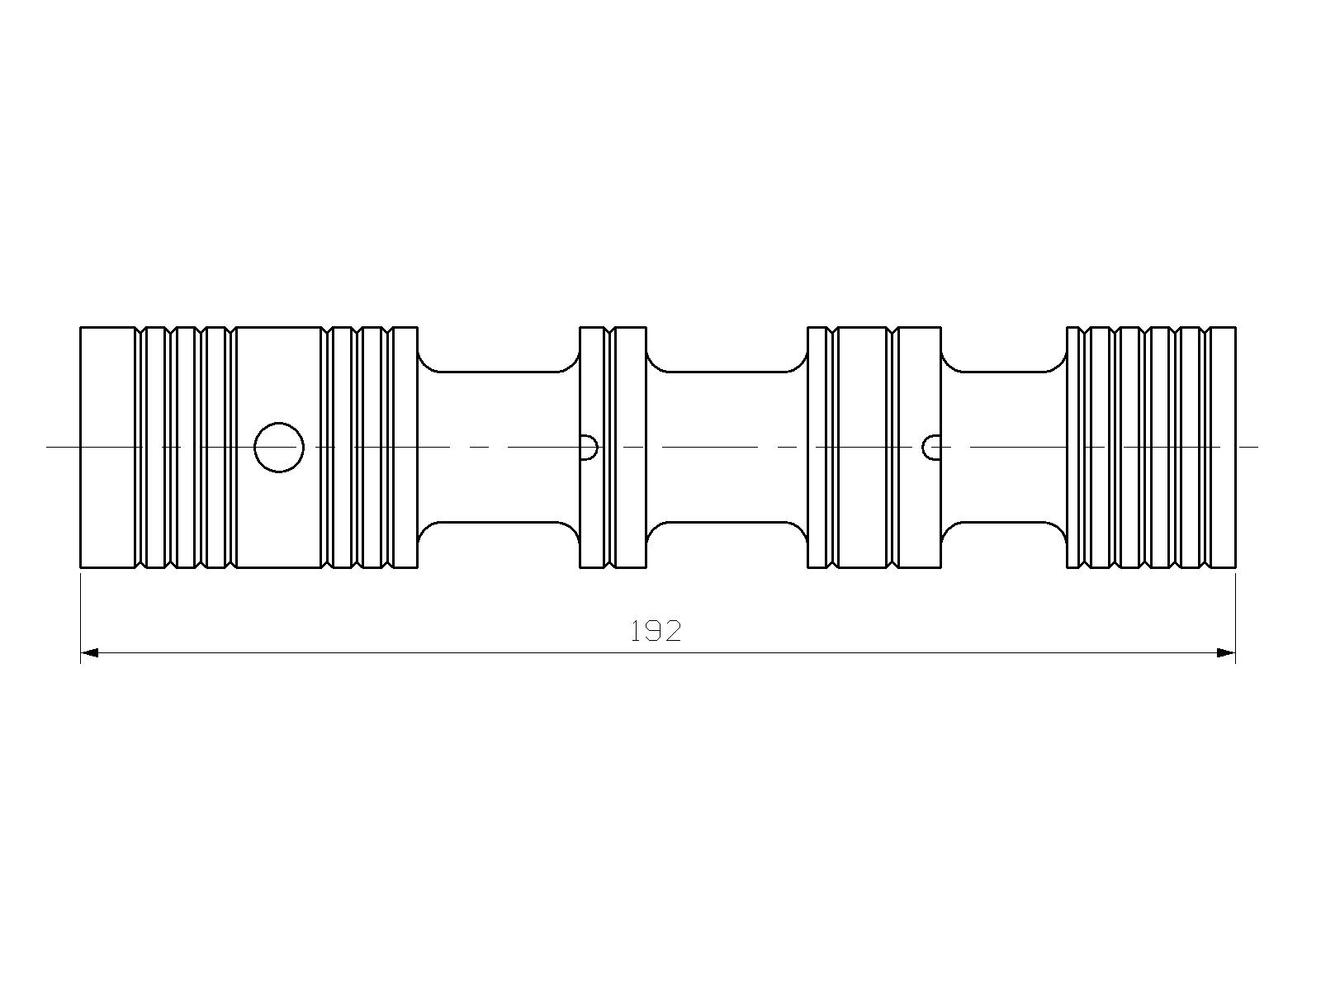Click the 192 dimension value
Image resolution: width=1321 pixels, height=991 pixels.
tap(656, 631)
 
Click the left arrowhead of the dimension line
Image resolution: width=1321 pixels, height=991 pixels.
tap(89, 653)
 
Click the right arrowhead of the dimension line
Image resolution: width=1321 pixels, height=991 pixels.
tap(1227, 653)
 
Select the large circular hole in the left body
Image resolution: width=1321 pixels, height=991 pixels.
tap(279, 447)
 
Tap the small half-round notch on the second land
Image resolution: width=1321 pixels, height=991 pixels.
tap(589, 447)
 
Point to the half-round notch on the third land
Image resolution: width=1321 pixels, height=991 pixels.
tap(932, 447)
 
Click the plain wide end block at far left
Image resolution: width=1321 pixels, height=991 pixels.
tap(107, 447)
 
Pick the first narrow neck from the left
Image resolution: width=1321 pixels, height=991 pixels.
tap(499, 447)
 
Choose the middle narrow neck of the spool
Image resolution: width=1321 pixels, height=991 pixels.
tap(727, 447)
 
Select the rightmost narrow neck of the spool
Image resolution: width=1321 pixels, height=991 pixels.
tap(1004, 447)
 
